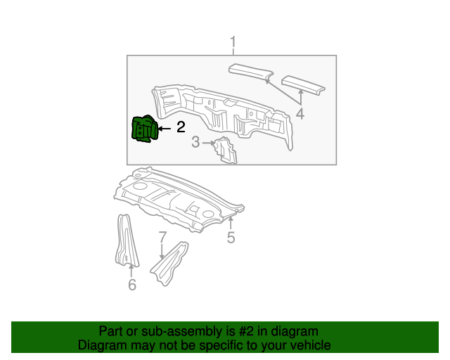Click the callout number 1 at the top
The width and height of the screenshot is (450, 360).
coord(233,44)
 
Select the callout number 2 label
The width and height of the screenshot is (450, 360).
coord(181,127)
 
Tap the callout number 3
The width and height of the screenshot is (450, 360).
coord(195,143)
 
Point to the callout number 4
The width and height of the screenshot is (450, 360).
coord(300,114)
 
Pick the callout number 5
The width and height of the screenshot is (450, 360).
coord(231,238)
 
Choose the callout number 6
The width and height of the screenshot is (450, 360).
coord(131,284)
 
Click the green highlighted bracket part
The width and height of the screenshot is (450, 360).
coord(145,129)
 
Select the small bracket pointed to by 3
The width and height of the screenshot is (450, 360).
coord(226,150)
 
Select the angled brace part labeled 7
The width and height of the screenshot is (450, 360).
coord(170,264)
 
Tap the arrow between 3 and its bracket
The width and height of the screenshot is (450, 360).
coord(209,143)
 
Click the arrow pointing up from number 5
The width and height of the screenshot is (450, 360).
coord(231,224)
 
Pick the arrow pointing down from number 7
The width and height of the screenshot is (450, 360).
coord(162,252)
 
